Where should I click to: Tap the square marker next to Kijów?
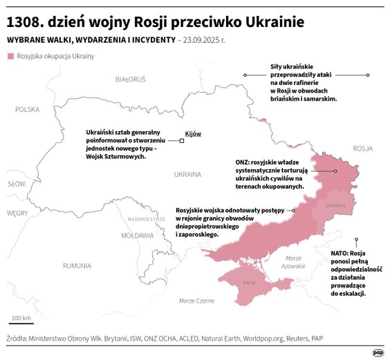click(x=182, y=141)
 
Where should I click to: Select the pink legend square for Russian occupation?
click(x=9, y=56)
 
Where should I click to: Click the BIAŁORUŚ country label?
click(x=130, y=79)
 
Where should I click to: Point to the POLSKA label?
click(x=28, y=109)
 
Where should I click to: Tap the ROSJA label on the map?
click(x=362, y=149)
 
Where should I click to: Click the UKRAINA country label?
click(x=187, y=174)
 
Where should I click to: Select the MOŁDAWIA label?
click(x=138, y=236)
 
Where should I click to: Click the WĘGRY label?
click(x=17, y=214)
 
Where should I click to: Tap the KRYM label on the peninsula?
click(x=249, y=283)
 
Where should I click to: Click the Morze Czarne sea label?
click(x=196, y=301)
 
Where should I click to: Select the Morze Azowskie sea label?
click(x=293, y=262)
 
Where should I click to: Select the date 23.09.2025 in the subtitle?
click(x=205, y=40)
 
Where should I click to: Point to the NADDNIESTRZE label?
click(x=147, y=218)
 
